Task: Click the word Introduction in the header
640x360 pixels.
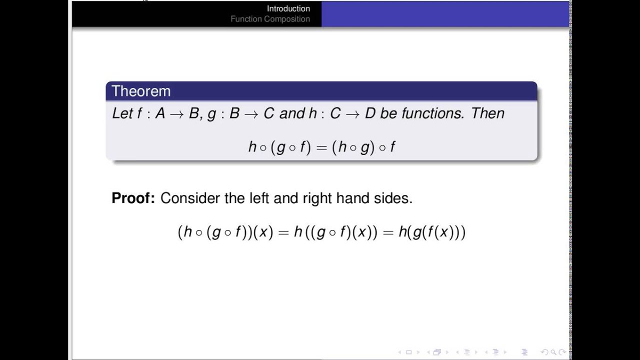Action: pyautogui.click(x=288, y=8)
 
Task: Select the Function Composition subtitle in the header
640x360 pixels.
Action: pyautogui.click(x=270, y=19)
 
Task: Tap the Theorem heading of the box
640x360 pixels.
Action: pyautogui.click(x=141, y=91)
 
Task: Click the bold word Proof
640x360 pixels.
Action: pyautogui.click(x=133, y=198)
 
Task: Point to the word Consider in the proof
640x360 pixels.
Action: pyautogui.click(x=190, y=198)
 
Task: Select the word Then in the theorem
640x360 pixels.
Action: pyautogui.click(x=488, y=113)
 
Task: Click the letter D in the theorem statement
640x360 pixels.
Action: pyautogui.click(x=370, y=113)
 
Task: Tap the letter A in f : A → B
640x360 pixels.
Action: pyautogui.click(x=160, y=113)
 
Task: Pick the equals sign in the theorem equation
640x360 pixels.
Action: pyautogui.click(x=321, y=147)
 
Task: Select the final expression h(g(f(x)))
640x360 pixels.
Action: pyautogui.click(x=432, y=232)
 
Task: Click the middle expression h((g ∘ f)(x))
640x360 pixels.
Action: pyautogui.click(x=335, y=232)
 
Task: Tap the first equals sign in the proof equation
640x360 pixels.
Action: pyautogui.click(x=283, y=232)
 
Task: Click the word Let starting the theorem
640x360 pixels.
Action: pyautogui.click(x=122, y=113)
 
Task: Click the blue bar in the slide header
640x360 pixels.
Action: pyautogui.click(x=445, y=13)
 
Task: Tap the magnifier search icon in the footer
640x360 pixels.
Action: pyautogui.click(x=553, y=352)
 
